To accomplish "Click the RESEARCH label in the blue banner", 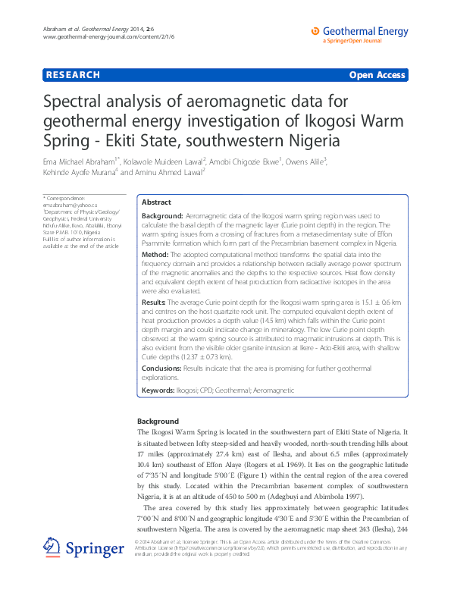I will pos(73,75).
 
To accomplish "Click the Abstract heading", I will pos(157,203).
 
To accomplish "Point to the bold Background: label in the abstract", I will pos(162,216).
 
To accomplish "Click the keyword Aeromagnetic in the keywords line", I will pos(271,390).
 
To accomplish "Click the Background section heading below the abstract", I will pos(158,421).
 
